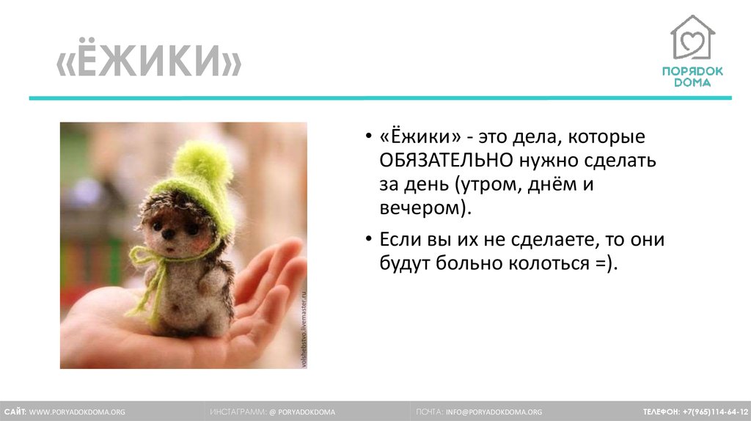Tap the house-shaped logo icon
tap(692, 37)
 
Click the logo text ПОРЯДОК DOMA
tap(692, 76)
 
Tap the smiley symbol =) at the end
tap(607, 263)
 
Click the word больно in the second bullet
tap(470, 263)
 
